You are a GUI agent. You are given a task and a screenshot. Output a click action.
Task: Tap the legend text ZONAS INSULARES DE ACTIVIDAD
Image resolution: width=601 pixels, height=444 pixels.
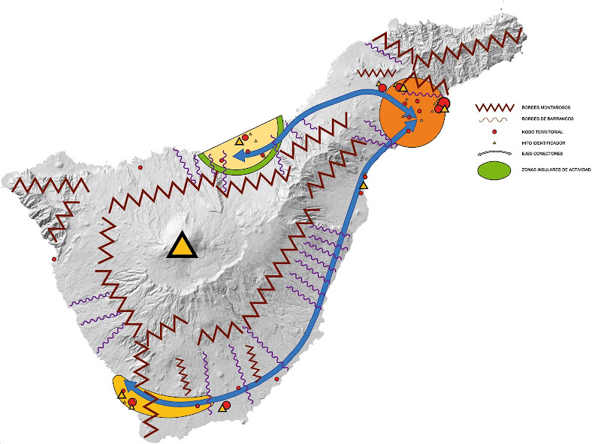pyautogui.click(x=557, y=170)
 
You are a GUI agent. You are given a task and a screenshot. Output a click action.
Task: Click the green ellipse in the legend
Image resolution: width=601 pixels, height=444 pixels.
pyautogui.click(x=493, y=170)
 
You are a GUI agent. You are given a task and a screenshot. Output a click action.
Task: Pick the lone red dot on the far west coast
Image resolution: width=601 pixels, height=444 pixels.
pyautogui.click(x=54, y=259)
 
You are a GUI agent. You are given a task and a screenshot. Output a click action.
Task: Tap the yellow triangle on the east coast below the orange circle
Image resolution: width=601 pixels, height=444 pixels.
pyautogui.click(x=364, y=184)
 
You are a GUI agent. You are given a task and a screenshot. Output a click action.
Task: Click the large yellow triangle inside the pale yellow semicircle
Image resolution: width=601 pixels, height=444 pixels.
pyautogui.click(x=240, y=140)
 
